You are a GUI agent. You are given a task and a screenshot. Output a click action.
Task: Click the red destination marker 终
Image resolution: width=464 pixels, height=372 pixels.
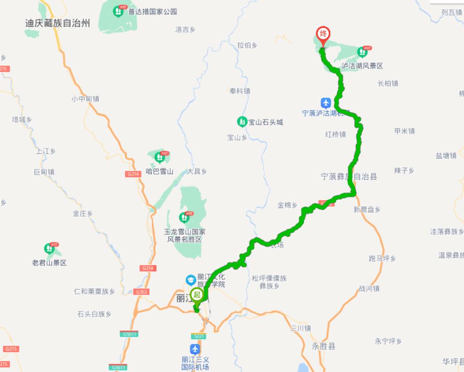point(323,34)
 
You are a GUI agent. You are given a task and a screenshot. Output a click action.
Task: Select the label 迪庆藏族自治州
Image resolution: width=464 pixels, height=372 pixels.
point(57,23)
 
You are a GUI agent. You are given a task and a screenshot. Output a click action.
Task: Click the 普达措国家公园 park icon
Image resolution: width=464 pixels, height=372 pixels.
point(119,11)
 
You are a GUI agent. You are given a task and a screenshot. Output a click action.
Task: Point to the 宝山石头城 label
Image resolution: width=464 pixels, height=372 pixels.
point(265,122)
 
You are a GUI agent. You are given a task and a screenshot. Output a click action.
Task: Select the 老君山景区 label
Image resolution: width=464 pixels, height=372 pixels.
point(50,263)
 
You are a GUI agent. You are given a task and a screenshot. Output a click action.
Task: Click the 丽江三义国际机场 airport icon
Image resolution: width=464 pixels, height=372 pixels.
point(195,349)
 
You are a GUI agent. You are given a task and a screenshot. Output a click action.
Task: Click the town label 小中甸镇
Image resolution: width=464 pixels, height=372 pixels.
point(85,99)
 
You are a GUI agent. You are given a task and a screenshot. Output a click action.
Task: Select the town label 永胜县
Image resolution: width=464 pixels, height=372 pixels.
point(324,346)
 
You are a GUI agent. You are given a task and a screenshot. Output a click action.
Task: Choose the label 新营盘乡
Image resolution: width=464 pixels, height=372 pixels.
point(367,209)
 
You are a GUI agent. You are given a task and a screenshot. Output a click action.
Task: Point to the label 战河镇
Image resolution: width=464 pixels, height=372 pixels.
point(369,289)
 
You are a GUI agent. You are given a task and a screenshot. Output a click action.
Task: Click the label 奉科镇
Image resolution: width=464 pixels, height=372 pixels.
point(240,91)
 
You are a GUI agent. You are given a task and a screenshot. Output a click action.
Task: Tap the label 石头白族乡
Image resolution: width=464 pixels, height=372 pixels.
point(94,314)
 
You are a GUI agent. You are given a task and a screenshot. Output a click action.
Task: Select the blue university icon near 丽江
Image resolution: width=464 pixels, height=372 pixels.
point(191,280)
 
